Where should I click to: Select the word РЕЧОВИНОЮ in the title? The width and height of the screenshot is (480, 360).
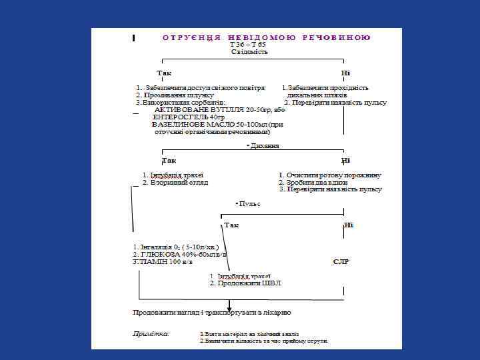click(x=336, y=37)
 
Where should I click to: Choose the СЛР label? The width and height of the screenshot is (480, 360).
click(x=341, y=262)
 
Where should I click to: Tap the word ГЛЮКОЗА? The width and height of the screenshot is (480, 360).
click(x=159, y=255)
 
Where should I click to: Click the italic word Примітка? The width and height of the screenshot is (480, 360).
click(x=151, y=333)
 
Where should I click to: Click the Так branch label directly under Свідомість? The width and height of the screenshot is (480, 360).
click(x=163, y=73)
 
